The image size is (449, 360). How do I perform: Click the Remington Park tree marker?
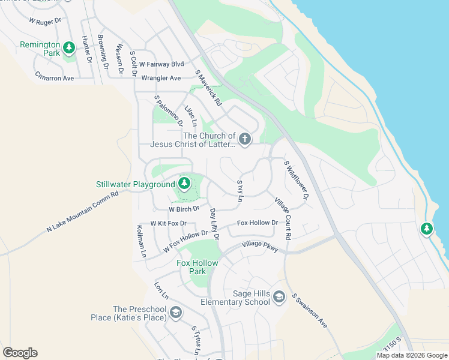pyautogui.click(x=69, y=47)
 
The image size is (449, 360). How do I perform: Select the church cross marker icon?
pyautogui.click(x=244, y=139)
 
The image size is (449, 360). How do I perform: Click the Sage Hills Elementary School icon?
pyautogui.click(x=279, y=296)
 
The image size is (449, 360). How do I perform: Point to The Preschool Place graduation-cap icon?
pyautogui.click(x=175, y=312)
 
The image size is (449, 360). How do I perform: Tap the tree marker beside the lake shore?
pyautogui.click(x=427, y=229)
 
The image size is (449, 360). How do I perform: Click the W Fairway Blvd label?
pyautogui.click(x=161, y=64)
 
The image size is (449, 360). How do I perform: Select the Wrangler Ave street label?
pyautogui.click(x=161, y=78)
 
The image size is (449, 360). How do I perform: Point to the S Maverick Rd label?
pyautogui.click(x=209, y=89)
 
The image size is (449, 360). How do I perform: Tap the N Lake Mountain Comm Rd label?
pyautogui.click(x=82, y=212)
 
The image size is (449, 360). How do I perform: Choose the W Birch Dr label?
pyautogui.click(x=184, y=209)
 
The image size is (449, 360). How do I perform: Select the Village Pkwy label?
pyautogui.click(x=261, y=247)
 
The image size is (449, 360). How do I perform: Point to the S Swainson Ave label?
pyautogui.click(x=309, y=311)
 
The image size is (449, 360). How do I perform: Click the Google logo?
pyautogui.click(x=20, y=353)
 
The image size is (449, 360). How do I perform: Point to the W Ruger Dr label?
pyautogui.click(x=45, y=20)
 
